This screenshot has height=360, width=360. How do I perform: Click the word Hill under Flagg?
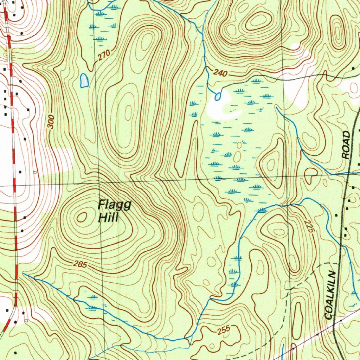(x=108, y=218)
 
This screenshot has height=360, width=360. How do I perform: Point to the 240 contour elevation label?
(x=220, y=74)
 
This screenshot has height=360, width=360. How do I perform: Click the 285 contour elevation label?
(x=81, y=264)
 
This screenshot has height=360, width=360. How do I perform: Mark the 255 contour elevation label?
(x=223, y=330)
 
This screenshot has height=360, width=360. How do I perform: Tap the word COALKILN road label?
(x=331, y=295)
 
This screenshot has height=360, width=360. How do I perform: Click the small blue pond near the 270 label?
(x=84, y=81)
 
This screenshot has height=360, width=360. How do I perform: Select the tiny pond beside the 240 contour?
(x=218, y=96)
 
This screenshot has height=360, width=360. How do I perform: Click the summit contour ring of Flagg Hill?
(x=82, y=217)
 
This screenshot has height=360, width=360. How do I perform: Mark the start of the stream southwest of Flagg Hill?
(x=24, y=273)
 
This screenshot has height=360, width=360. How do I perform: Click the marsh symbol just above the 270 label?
(x=101, y=38)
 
